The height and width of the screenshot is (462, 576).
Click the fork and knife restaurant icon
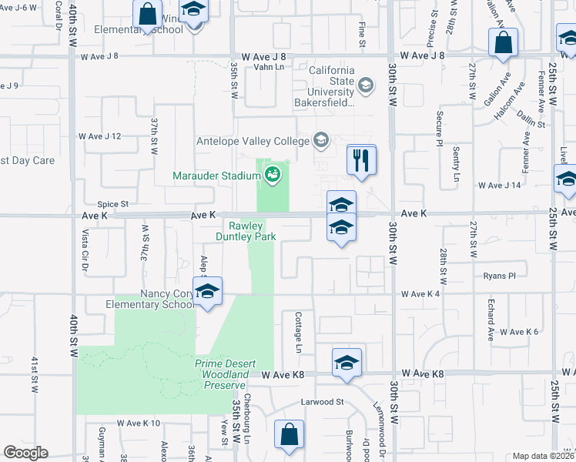pyautogui.click(x=361, y=160)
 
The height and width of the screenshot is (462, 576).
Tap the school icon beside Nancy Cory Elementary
pyautogui.click(x=207, y=292)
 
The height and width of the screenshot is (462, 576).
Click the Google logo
pyautogui.click(x=25, y=453)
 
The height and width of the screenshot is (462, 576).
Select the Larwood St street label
pyautogui.click(x=322, y=402)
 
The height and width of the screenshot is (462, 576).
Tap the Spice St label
pyautogui.click(x=112, y=204)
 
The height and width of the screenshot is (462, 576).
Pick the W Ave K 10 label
pyautogui.click(x=139, y=423)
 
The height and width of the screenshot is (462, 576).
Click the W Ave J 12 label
pyautogui.click(x=100, y=136)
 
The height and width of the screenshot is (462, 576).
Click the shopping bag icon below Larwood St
pyautogui.click(x=290, y=434)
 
